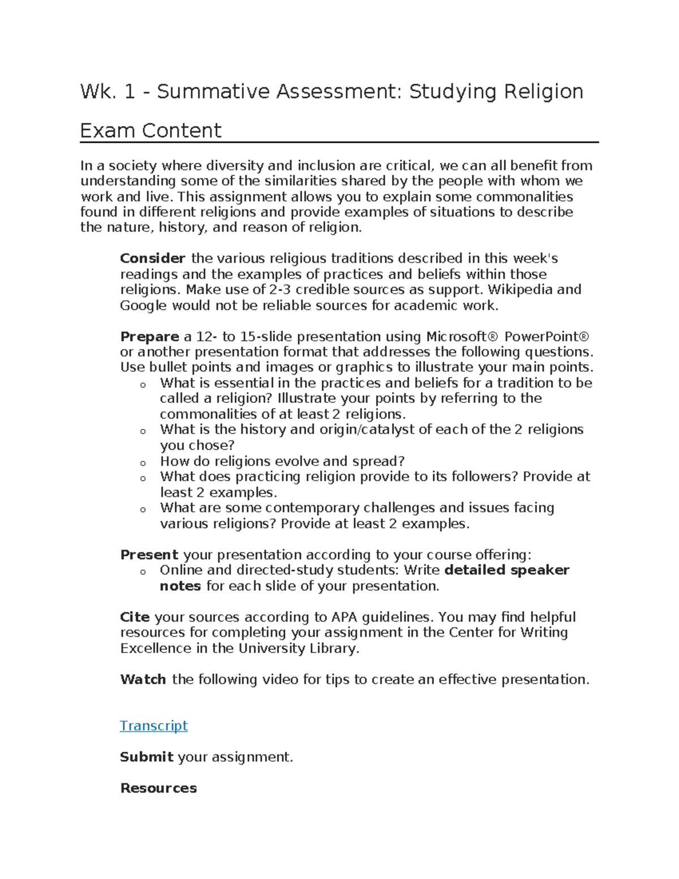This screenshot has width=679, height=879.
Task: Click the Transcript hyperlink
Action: coord(153,726)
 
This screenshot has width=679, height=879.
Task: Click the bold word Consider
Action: coord(152,259)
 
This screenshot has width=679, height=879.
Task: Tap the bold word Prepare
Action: coord(149,337)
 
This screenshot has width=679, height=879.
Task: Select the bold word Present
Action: coord(149,555)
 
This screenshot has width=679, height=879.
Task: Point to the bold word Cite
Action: coord(135,617)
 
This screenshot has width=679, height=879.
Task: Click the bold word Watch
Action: coord(143,679)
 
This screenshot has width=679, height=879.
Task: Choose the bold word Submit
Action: coord(147,757)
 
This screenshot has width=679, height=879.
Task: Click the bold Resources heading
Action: coord(158,788)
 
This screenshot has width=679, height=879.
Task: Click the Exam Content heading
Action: coord(151,131)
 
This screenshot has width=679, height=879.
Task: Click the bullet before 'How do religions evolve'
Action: coord(143,463)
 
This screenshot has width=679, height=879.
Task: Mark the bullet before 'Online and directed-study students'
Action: coord(143,572)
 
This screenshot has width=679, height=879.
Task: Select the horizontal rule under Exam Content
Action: coord(339,143)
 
